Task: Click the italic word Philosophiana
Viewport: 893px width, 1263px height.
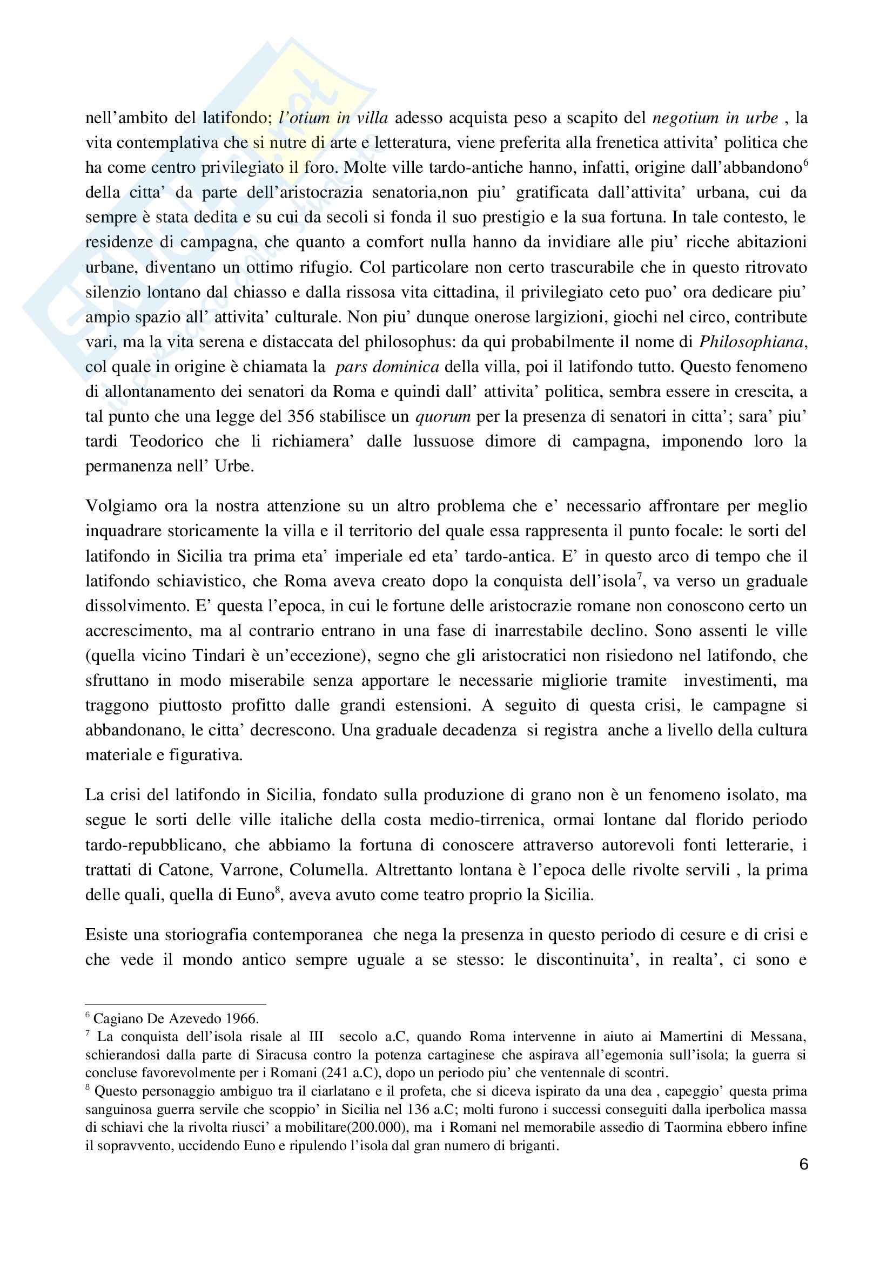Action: pos(751,342)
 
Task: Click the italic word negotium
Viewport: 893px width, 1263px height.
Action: pos(685,118)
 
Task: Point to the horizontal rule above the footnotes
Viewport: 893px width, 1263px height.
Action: pos(176,1003)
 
